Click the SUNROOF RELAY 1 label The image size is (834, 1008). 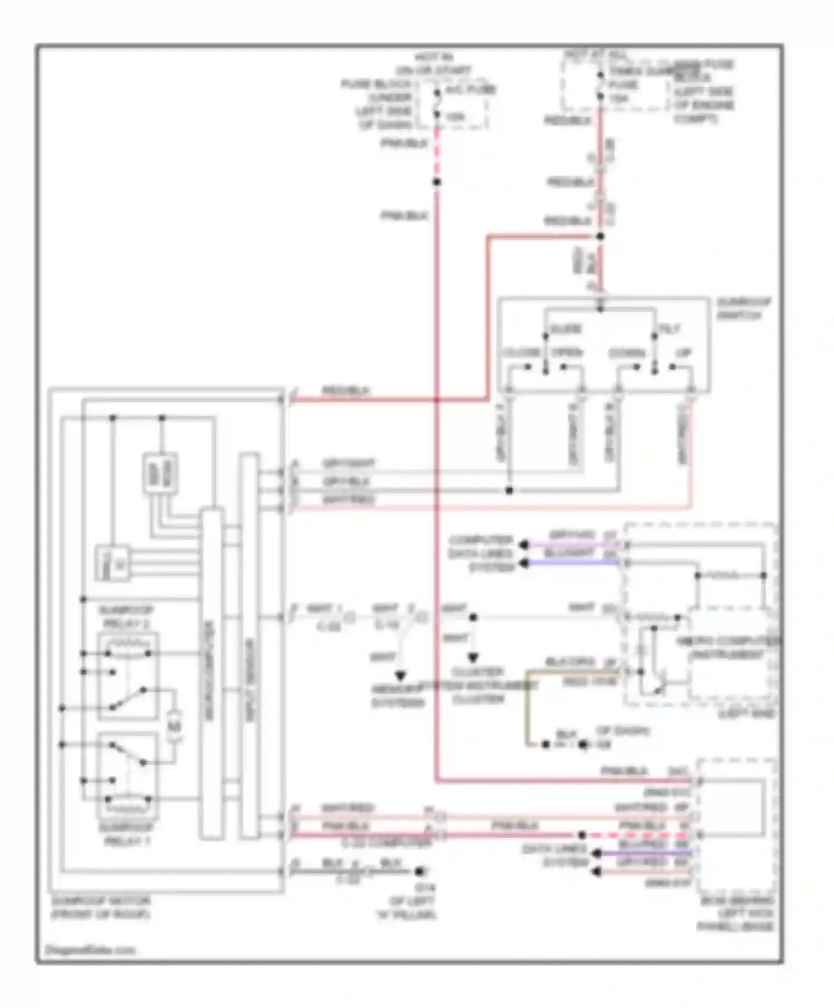(x=126, y=834)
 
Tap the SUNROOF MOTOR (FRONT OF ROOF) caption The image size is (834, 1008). (x=100, y=907)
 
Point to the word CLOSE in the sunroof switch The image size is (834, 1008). (x=522, y=353)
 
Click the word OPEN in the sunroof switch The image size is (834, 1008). (x=567, y=353)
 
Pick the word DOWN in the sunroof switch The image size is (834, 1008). (x=627, y=353)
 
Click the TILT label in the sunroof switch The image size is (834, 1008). (x=669, y=329)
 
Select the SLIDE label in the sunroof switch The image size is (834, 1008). (x=564, y=329)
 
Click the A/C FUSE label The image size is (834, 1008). (x=470, y=90)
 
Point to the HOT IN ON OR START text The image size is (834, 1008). (x=434, y=64)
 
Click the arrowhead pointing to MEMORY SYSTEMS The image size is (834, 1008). (x=400, y=676)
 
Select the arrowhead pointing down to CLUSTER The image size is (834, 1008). (x=473, y=658)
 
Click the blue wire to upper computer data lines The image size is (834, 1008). (x=573, y=563)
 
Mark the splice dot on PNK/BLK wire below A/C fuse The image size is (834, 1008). (x=437, y=182)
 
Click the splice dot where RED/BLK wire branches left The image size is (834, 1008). (x=600, y=237)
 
